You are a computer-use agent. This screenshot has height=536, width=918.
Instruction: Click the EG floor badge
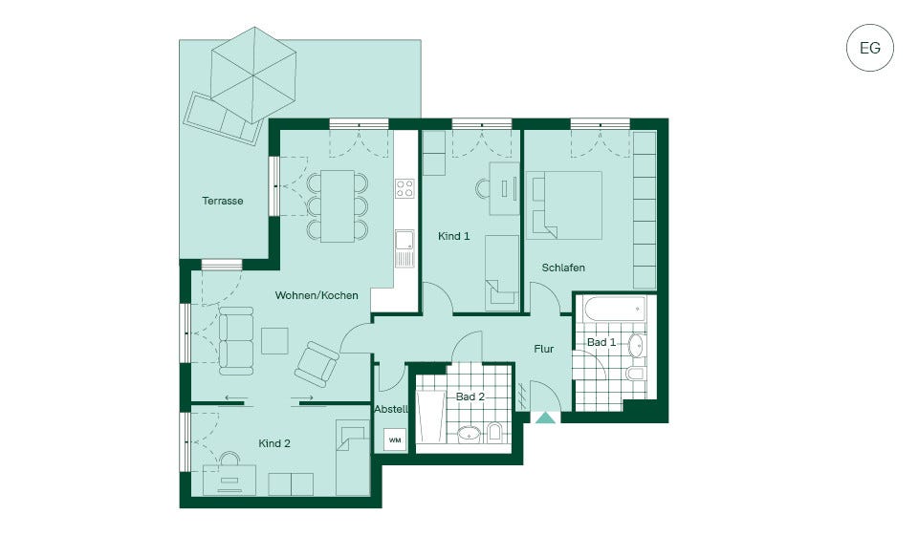pyautogui.click(x=870, y=48)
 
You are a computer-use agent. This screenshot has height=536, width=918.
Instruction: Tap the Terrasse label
pyautogui.click(x=223, y=201)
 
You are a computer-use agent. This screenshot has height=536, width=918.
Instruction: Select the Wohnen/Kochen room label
pyautogui.click(x=317, y=295)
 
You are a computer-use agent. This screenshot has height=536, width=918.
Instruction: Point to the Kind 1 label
pyautogui.click(x=453, y=236)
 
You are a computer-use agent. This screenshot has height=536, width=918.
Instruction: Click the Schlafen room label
pyautogui.click(x=563, y=268)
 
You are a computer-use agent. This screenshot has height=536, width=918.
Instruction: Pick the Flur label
pyautogui.click(x=544, y=349)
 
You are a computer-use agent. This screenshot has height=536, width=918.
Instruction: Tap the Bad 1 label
pyautogui.click(x=601, y=342)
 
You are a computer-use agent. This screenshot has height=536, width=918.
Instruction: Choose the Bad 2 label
pyautogui.click(x=470, y=397)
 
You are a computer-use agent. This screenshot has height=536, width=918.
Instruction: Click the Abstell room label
pyautogui.click(x=391, y=409)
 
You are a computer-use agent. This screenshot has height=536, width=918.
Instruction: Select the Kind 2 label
pyautogui.click(x=274, y=443)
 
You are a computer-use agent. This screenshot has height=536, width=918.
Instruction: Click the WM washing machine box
pyautogui.click(x=395, y=440)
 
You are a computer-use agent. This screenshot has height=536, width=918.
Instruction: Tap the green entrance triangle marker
pyautogui.click(x=546, y=418)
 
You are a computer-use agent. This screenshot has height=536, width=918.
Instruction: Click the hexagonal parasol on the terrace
pyautogui.click(x=253, y=75)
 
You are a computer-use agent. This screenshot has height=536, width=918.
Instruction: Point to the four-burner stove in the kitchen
pyautogui.click(x=404, y=188)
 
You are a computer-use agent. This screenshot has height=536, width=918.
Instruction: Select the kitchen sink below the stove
pyautogui.click(x=404, y=248)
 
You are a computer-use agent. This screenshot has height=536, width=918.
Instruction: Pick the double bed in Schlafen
pyautogui.click(x=564, y=204)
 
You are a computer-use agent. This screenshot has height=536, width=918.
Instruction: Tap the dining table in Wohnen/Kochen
pyautogui.click(x=338, y=206)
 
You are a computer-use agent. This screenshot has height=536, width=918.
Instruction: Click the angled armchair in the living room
pyautogui.click(x=317, y=363)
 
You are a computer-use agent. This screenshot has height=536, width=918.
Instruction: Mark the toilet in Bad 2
pyautogui.click(x=494, y=433)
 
